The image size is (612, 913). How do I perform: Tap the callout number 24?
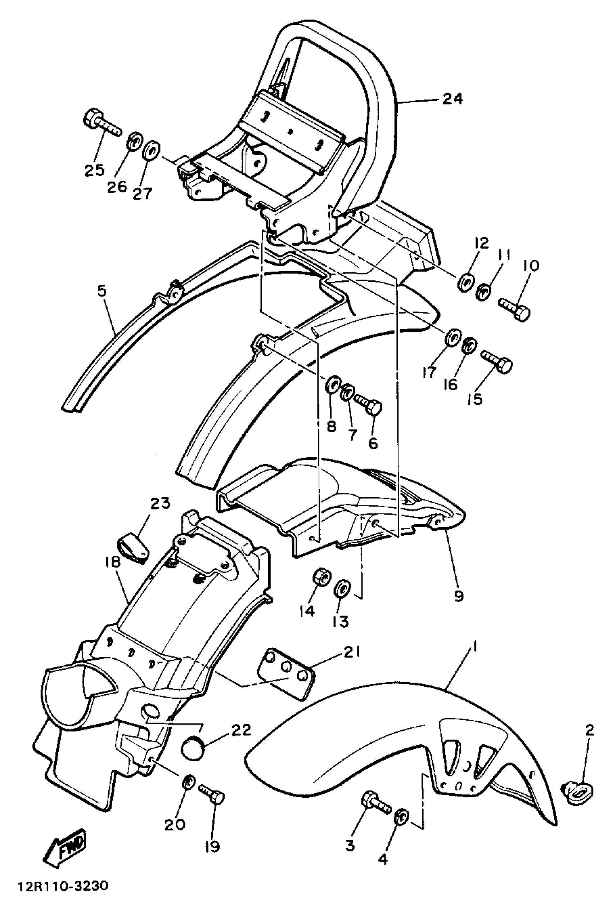[x=453, y=99]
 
